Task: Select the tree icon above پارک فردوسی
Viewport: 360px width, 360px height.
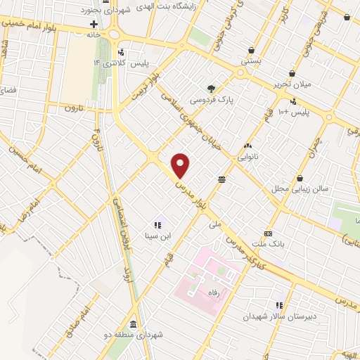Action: coord(211,88)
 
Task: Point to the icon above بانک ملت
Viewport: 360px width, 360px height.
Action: coord(268,233)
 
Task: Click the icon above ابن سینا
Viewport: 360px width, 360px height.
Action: coord(157,225)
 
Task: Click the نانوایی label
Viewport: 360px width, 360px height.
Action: coord(247,157)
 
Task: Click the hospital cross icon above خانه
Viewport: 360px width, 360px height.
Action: coord(93,22)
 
